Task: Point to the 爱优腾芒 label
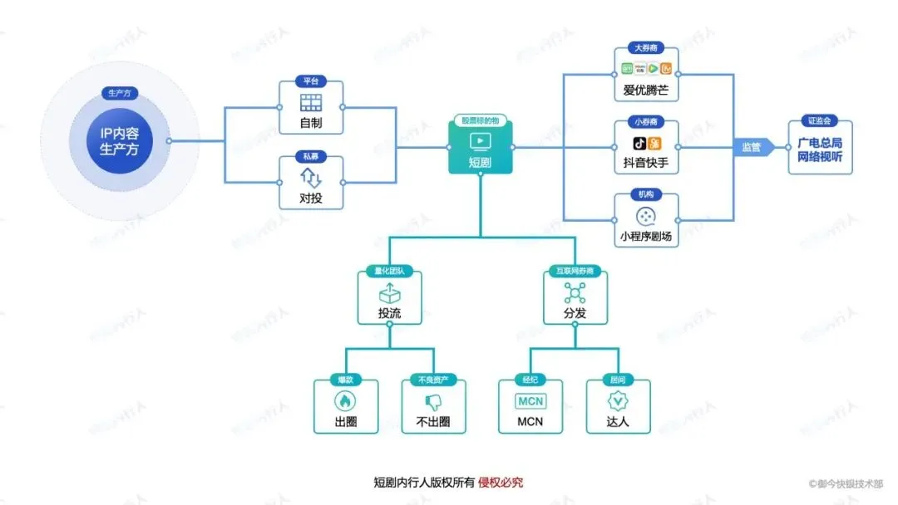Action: [x=646, y=89]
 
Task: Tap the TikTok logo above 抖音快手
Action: [x=639, y=143]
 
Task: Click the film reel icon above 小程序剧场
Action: [x=646, y=217]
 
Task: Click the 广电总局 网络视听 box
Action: [x=820, y=147]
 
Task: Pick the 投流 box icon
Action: [x=389, y=293]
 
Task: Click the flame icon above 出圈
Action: [x=344, y=400]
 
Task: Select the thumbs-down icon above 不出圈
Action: [x=432, y=400]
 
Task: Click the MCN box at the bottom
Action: [x=530, y=406]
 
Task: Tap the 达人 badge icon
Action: [x=618, y=400]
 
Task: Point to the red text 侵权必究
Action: [x=501, y=483]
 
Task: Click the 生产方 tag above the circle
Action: [x=119, y=92]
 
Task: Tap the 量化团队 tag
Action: [x=389, y=271]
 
